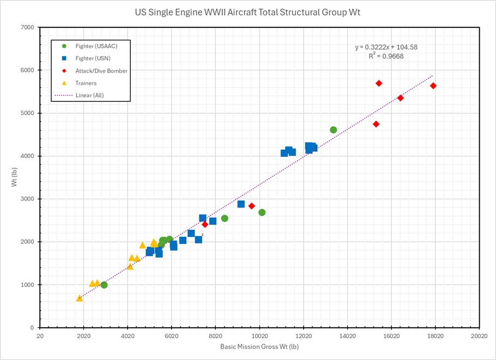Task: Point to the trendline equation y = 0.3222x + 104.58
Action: click(386, 47)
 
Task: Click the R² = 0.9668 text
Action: click(386, 56)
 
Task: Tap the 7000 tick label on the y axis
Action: click(27, 27)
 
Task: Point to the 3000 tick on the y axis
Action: click(27, 199)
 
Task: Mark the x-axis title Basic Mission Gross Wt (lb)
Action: click(259, 347)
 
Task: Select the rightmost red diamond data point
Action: click(433, 86)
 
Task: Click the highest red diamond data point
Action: click(379, 83)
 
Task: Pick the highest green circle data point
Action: click(334, 130)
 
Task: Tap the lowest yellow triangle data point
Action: click(80, 298)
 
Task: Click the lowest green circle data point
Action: click(104, 285)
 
